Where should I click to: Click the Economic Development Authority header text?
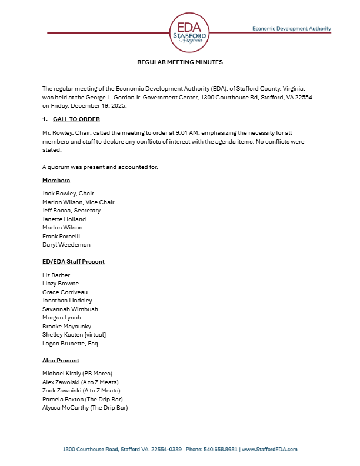pos(291,28)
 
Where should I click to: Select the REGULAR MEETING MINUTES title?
pos(180,62)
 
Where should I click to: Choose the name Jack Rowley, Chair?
pos(68,194)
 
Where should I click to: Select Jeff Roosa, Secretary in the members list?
pos(71,211)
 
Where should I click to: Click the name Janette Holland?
pos(64,219)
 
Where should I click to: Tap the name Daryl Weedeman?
pos(66,244)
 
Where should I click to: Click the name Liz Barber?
pos(56,275)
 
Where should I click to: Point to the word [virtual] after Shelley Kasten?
pos(91,335)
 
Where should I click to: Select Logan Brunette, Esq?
pos(70,343)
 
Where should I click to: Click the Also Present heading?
pos(61,360)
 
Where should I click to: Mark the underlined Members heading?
pos(56,180)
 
